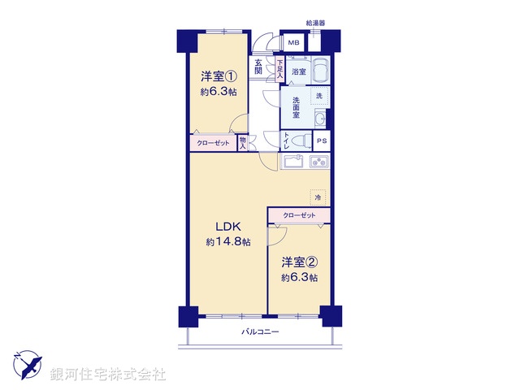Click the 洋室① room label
pos(219,77)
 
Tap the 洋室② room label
pos(299,262)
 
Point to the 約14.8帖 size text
pos(228,241)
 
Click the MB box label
pos(292,43)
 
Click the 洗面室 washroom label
pos(292,109)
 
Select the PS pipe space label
pos(322,141)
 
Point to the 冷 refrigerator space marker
pos(318,197)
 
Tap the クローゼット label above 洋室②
pos(299,215)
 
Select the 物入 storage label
pos(243,143)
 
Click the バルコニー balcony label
pos(260,331)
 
